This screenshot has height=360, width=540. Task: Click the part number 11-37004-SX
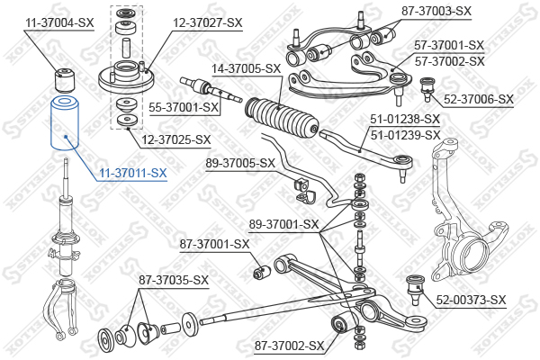59,23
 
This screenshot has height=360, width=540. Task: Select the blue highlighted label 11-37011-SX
133,173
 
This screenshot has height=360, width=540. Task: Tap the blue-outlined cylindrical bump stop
65,123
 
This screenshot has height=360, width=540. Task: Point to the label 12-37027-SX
208,22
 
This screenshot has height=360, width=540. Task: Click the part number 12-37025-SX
176,139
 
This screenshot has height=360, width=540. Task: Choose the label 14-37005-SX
247,69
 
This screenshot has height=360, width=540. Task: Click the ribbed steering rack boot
282,117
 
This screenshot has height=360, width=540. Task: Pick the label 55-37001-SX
184,107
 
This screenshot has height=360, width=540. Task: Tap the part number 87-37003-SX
436,11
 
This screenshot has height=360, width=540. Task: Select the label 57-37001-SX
449,45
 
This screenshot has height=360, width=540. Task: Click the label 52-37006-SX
479,99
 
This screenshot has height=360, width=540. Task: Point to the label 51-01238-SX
405,119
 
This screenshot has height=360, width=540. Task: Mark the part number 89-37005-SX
240,163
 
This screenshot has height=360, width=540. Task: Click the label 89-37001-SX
284,225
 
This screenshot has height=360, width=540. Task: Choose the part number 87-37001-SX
214,244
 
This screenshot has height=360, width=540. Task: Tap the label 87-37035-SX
174,280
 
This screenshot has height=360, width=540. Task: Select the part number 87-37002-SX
289,346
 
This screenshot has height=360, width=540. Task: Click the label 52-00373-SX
471,300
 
